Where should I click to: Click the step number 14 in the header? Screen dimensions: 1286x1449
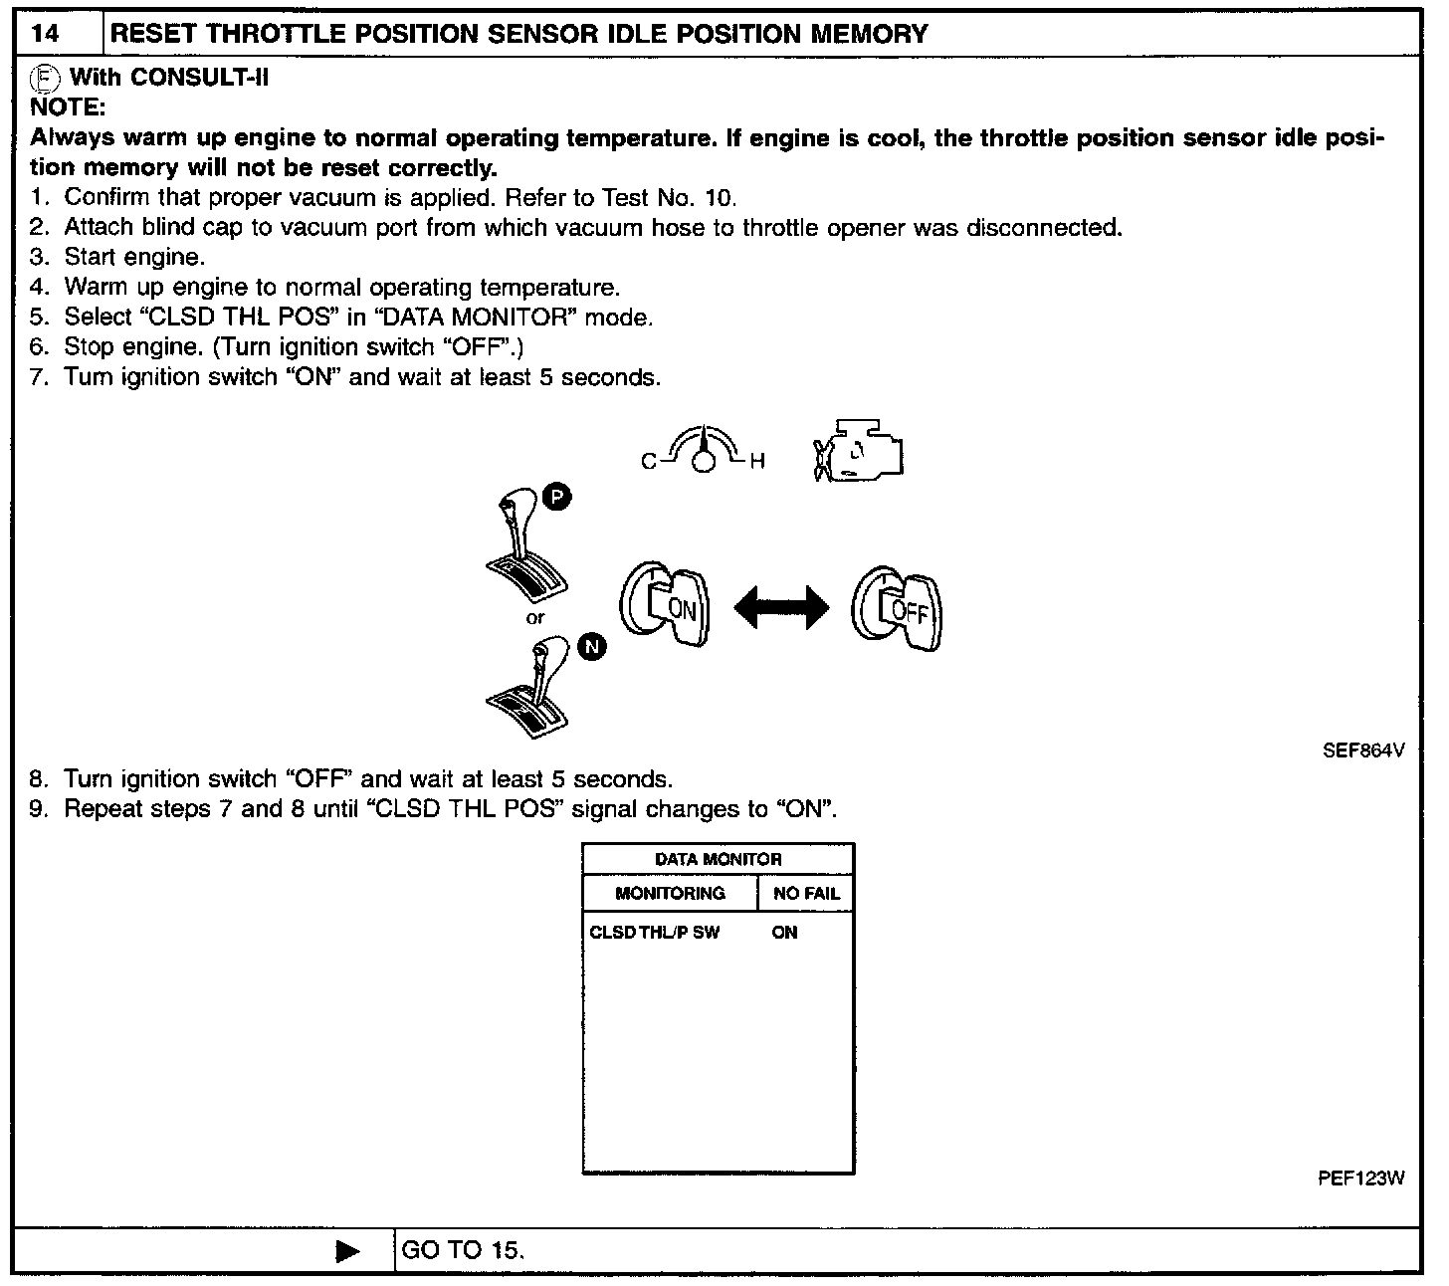coord(45,33)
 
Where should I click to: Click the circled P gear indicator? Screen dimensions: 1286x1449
coord(556,499)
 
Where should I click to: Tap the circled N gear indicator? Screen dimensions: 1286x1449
coord(592,647)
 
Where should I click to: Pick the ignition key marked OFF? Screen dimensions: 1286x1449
coord(897,609)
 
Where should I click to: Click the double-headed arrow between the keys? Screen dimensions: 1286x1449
coord(781,607)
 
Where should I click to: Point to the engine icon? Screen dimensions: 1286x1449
coord(859,453)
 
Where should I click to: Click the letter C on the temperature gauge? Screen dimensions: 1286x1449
coord(648,462)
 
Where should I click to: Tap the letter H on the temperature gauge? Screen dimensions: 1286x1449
coord(757,462)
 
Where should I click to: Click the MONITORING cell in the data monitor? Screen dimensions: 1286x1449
coord(670,893)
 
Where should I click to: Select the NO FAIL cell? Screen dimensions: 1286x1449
coord(806,893)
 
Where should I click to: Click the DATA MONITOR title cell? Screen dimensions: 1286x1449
coord(718,859)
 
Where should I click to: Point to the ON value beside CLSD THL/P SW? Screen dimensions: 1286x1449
coord(784,933)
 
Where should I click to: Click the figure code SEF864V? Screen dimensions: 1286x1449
coord(1362,750)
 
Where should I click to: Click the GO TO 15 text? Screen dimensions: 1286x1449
coord(462,1250)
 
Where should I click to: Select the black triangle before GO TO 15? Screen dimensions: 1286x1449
coord(348,1251)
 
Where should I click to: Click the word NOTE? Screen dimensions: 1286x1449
coord(68,107)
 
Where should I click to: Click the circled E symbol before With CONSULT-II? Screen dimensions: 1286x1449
coord(43,78)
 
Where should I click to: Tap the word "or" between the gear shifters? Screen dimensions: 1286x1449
coord(535,618)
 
